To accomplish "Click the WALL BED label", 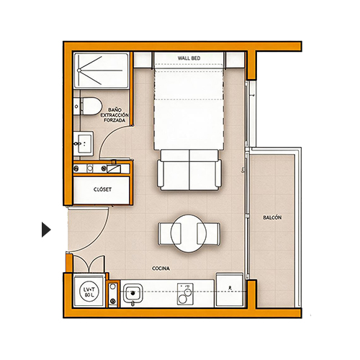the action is [x=189, y=58].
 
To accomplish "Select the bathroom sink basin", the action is [x=84, y=143].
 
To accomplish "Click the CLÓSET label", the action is [x=102, y=189].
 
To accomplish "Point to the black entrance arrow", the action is [x=46, y=230].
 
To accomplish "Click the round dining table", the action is [x=189, y=233].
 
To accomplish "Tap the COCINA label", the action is [x=161, y=269].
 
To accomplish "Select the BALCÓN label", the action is [x=272, y=217].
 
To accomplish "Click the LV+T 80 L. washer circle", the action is [x=89, y=292].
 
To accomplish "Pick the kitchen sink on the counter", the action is [x=132, y=293].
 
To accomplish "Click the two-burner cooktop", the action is [x=185, y=294].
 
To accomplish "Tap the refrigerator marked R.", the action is [x=230, y=289].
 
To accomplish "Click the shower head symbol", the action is [x=79, y=71].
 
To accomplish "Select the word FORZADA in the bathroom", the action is [x=114, y=120].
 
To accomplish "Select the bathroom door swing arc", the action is [x=104, y=139].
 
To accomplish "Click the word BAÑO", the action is [x=114, y=110].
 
